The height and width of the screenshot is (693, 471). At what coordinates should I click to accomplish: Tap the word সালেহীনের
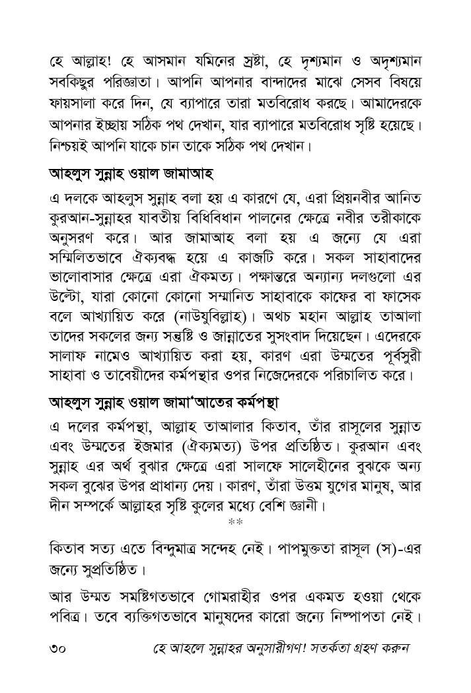pyautogui.click(x=326, y=466)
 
